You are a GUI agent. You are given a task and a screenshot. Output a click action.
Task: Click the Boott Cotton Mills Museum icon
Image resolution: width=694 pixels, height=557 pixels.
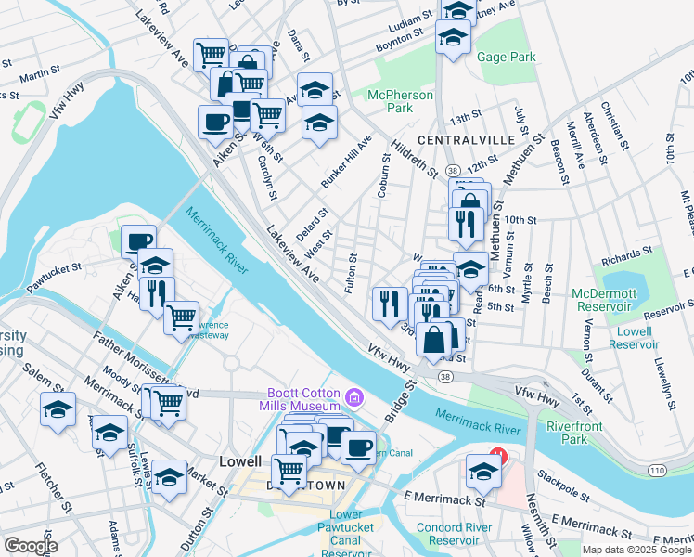(353, 398)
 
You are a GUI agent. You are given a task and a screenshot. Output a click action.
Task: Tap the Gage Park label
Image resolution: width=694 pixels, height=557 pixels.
(507, 57)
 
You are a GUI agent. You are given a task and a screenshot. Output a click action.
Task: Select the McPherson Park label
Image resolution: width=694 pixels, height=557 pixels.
(402, 101)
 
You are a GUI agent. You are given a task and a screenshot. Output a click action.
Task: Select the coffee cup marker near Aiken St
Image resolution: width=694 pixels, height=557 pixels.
(215, 122)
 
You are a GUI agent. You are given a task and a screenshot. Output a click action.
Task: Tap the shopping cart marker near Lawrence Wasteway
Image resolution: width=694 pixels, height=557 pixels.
(181, 317)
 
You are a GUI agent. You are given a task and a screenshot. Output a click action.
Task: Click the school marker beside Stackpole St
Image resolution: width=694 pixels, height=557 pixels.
(483, 471)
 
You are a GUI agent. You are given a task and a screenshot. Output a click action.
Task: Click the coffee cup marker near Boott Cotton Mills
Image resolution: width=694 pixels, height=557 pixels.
(358, 447)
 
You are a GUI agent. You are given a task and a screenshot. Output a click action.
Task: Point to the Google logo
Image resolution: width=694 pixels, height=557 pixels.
(31, 546)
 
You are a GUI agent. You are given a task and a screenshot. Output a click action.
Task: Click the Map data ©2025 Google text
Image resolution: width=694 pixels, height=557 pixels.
(636, 550)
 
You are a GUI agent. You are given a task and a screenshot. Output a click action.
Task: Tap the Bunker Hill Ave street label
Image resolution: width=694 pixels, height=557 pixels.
(345, 162)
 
